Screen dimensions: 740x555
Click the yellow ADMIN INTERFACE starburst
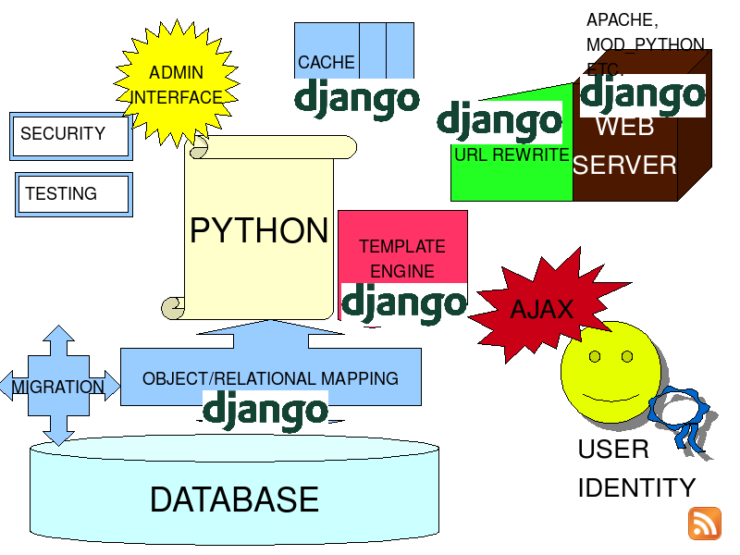click(x=177, y=83)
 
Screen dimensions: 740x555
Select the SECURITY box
click(x=71, y=136)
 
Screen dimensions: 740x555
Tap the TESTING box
click(x=74, y=194)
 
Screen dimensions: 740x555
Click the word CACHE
click(x=327, y=62)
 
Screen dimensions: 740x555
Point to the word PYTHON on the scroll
click(x=259, y=230)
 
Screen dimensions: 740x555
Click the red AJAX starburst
click(x=548, y=306)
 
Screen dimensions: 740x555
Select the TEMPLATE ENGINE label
click(x=402, y=259)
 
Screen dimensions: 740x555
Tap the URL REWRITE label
click(x=512, y=154)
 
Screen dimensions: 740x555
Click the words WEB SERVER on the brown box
click(x=625, y=146)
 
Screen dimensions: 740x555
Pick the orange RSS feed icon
click(x=705, y=524)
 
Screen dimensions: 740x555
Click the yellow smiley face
click(x=610, y=372)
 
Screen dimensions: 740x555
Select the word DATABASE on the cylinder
click(x=235, y=499)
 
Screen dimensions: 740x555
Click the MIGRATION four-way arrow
click(x=58, y=386)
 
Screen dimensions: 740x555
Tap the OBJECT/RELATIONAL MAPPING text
click(x=270, y=378)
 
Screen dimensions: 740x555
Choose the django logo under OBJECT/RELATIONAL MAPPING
click(x=265, y=411)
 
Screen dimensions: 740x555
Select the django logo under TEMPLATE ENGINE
click(x=404, y=304)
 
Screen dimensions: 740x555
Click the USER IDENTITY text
click(x=636, y=468)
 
